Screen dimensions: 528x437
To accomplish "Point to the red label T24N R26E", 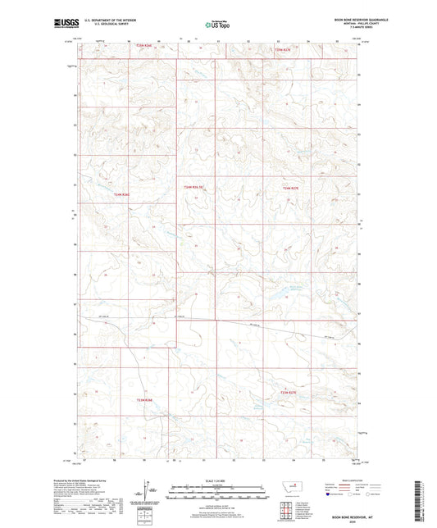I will [x=122, y=194].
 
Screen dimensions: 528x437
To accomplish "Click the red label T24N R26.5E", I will [x=193, y=188].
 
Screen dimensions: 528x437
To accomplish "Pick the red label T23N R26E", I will [x=145, y=400].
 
